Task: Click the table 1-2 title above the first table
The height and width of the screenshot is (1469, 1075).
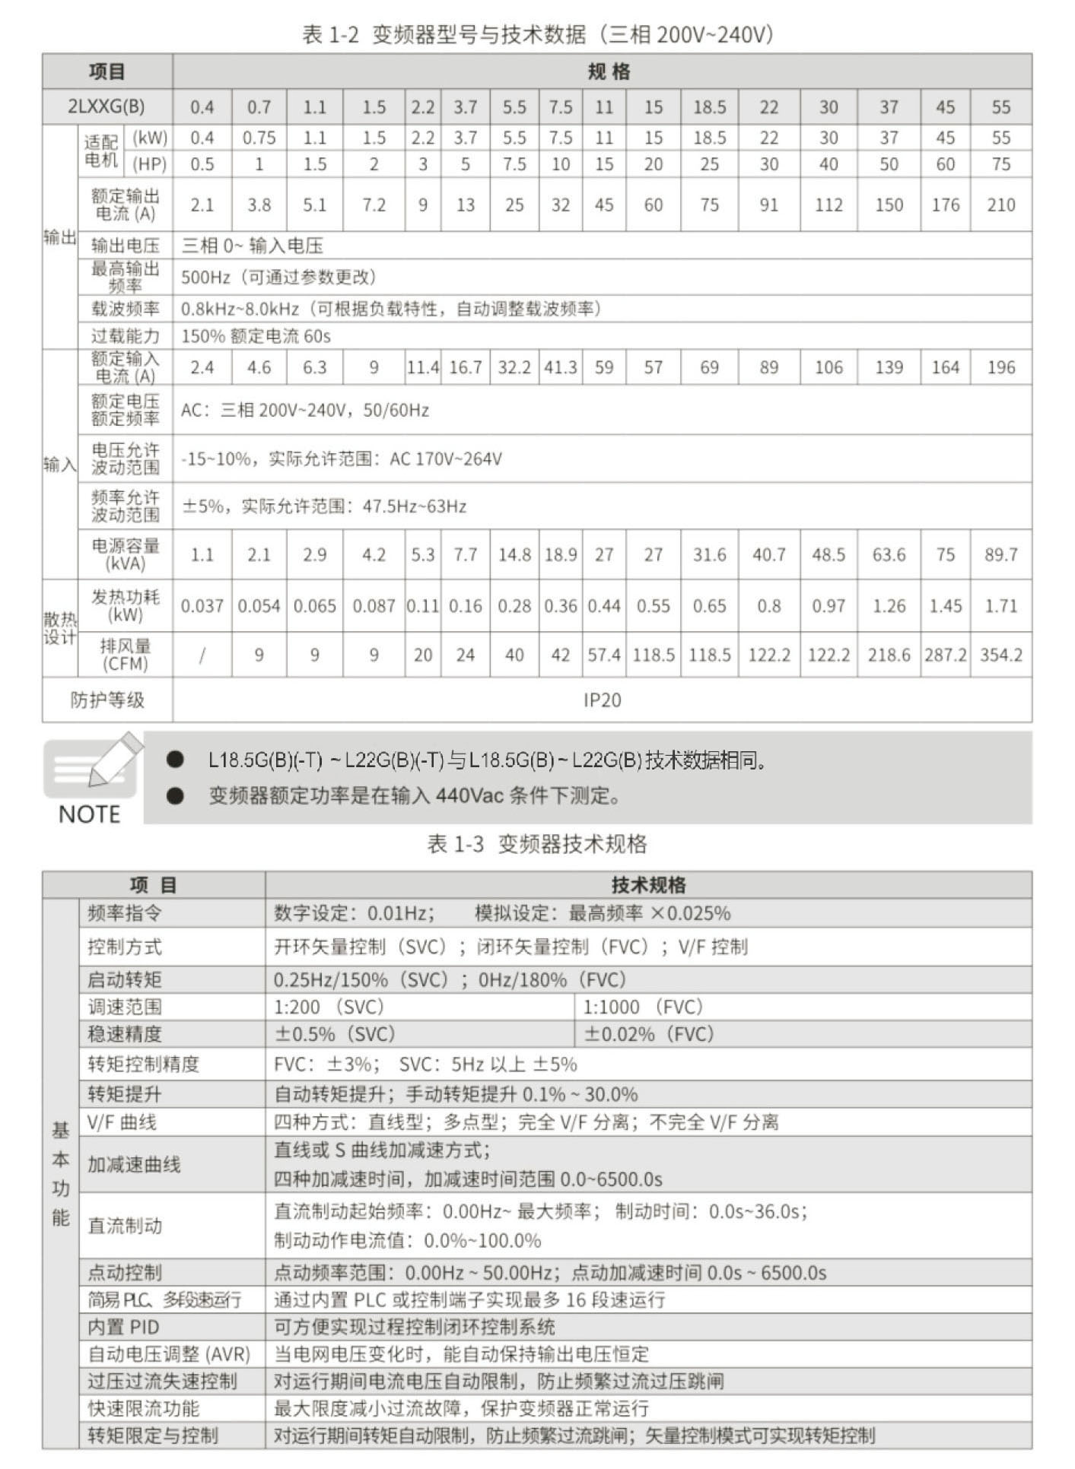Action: click(537, 34)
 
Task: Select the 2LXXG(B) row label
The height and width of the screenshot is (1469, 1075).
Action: click(107, 106)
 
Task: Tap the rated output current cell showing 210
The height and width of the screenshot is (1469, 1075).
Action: click(1000, 205)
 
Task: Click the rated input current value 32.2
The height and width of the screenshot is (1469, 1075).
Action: click(514, 368)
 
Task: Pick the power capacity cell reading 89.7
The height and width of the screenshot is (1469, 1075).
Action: click(1000, 554)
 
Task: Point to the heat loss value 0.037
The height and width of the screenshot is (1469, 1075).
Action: click(202, 606)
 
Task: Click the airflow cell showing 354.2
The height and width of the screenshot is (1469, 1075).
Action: click(1000, 655)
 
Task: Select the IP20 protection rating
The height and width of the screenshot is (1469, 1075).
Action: click(602, 700)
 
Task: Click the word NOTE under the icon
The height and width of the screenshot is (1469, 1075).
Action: click(89, 814)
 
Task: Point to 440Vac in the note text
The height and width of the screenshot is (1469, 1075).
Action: click(469, 796)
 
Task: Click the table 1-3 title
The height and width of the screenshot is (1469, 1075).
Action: click(537, 844)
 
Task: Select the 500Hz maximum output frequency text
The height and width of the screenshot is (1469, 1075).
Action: click(205, 278)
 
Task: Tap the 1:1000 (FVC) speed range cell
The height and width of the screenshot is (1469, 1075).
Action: click(643, 1007)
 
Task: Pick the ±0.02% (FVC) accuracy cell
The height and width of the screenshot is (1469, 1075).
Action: click(649, 1034)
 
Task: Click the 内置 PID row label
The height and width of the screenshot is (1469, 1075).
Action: click(123, 1327)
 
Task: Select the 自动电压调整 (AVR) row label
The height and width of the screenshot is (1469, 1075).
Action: click(168, 1354)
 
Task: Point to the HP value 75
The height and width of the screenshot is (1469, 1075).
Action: click(1000, 164)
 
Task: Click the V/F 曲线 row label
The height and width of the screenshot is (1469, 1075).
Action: click(122, 1122)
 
